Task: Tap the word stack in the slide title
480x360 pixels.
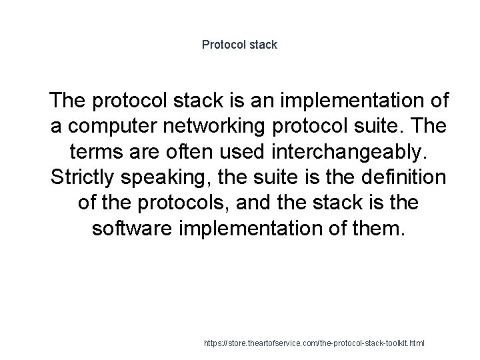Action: coord(263,45)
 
